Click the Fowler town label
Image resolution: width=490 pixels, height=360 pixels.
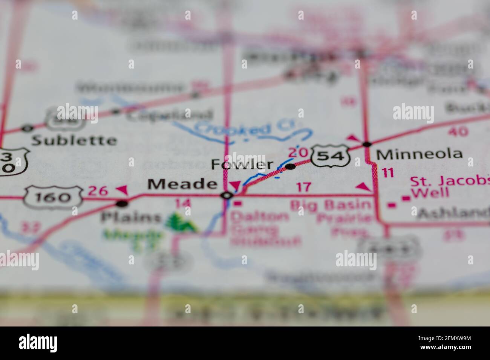(x=242, y=164)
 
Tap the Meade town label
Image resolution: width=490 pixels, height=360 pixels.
(x=182, y=184)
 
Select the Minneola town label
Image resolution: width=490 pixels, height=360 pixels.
(x=419, y=154)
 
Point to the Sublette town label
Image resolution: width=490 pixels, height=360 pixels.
(x=74, y=140)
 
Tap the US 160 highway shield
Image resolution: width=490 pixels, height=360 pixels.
(x=53, y=196)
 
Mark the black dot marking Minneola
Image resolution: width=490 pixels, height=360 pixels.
(x=366, y=144)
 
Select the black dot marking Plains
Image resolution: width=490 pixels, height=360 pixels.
(x=122, y=204)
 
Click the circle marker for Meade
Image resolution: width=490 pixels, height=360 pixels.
(x=227, y=195)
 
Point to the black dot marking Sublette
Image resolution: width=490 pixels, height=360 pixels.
(x=27, y=128)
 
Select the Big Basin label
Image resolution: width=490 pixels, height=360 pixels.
(x=331, y=205)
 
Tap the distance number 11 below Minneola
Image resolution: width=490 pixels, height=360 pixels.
(x=387, y=173)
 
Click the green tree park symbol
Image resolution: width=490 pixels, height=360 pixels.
(x=181, y=223)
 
